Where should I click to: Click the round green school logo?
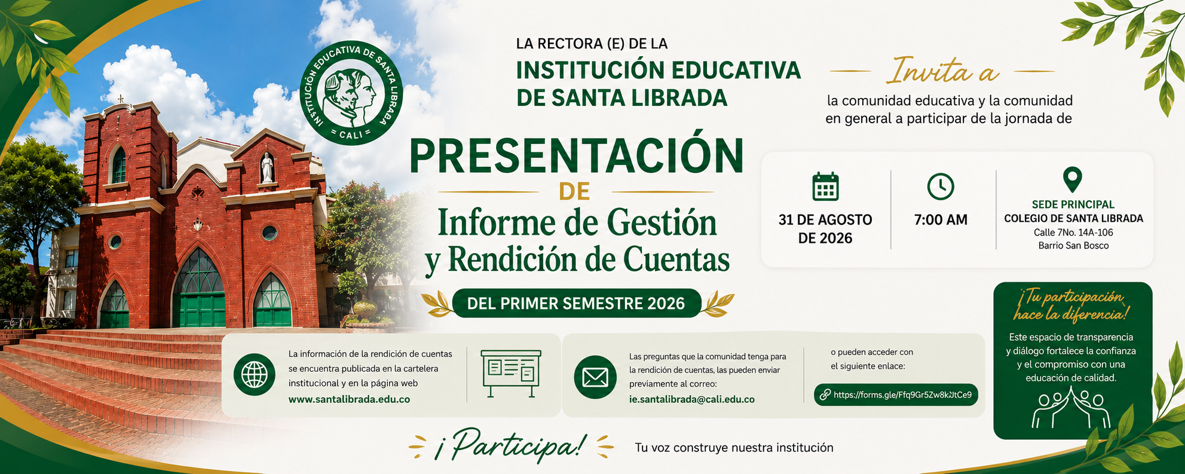click(x=351, y=93)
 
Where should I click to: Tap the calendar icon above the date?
click(x=825, y=186)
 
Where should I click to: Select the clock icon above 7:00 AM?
click(x=941, y=186)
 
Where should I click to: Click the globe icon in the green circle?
click(x=255, y=375)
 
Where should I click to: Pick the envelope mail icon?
click(x=595, y=377)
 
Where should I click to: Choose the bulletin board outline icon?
click(x=511, y=374)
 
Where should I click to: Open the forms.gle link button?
click(x=896, y=395)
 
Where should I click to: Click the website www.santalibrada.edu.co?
click(x=349, y=399)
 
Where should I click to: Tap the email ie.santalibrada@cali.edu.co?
click(x=691, y=399)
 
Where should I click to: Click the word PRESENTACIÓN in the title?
click(x=577, y=156)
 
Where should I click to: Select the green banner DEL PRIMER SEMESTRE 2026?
click(x=577, y=303)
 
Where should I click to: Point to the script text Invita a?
click(x=942, y=72)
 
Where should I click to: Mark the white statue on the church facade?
click(x=267, y=167)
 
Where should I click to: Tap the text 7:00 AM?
click(x=941, y=220)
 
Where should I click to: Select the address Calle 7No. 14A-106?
click(x=1073, y=233)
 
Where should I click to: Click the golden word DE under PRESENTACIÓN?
click(x=574, y=191)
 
